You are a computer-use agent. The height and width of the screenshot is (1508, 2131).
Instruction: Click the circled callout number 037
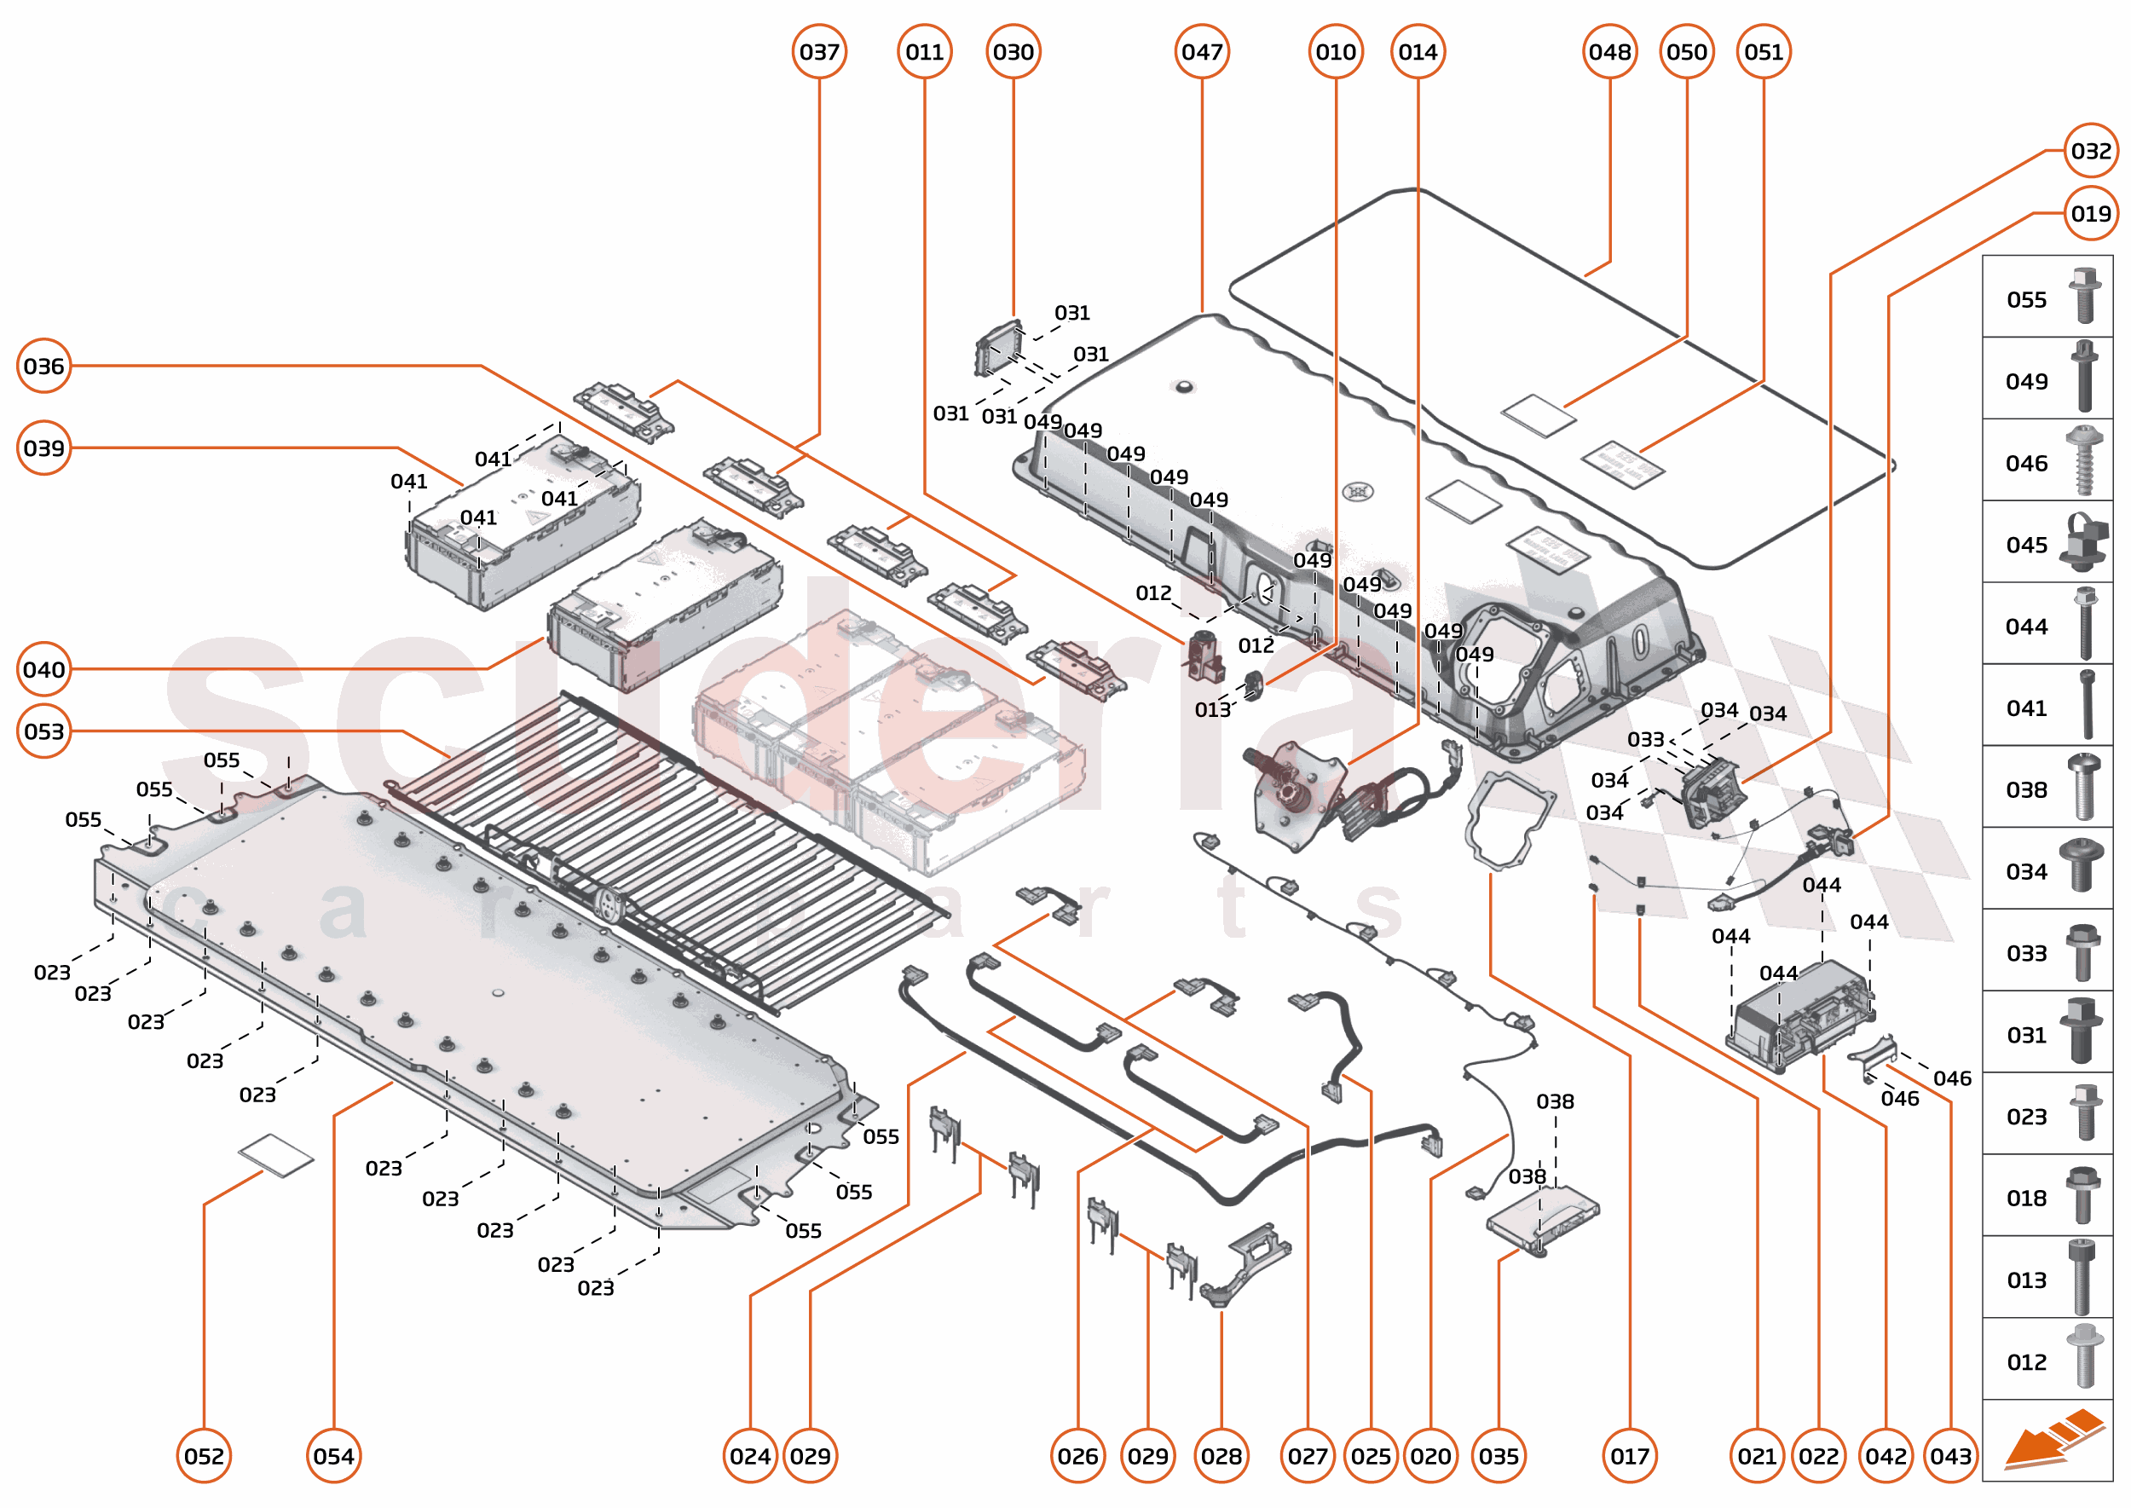(x=819, y=52)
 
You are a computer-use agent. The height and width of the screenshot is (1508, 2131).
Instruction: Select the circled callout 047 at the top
(x=1202, y=52)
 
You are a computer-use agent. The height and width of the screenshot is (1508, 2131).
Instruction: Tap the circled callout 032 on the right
(x=2090, y=150)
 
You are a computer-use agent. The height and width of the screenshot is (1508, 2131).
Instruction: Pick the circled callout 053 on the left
(x=43, y=731)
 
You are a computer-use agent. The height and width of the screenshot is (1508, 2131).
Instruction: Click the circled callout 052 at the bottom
(x=204, y=1456)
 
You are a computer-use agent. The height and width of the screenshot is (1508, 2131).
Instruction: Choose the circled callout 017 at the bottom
(x=1630, y=1456)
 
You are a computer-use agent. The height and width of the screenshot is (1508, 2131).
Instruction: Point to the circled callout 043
(x=1951, y=1456)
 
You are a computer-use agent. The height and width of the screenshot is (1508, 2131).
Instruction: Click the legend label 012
(x=2026, y=1362)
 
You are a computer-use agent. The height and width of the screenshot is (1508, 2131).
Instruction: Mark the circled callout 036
(x=43, y=366)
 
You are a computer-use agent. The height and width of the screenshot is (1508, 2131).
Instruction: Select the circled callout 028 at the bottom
(x=1221, y=1456)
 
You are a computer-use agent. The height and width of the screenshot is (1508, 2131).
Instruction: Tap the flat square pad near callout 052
(x=276, y=1155)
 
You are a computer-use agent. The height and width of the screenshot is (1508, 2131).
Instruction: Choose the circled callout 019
(x=2090, y=214)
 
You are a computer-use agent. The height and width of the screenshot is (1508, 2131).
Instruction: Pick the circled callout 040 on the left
(x=43, y=669)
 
